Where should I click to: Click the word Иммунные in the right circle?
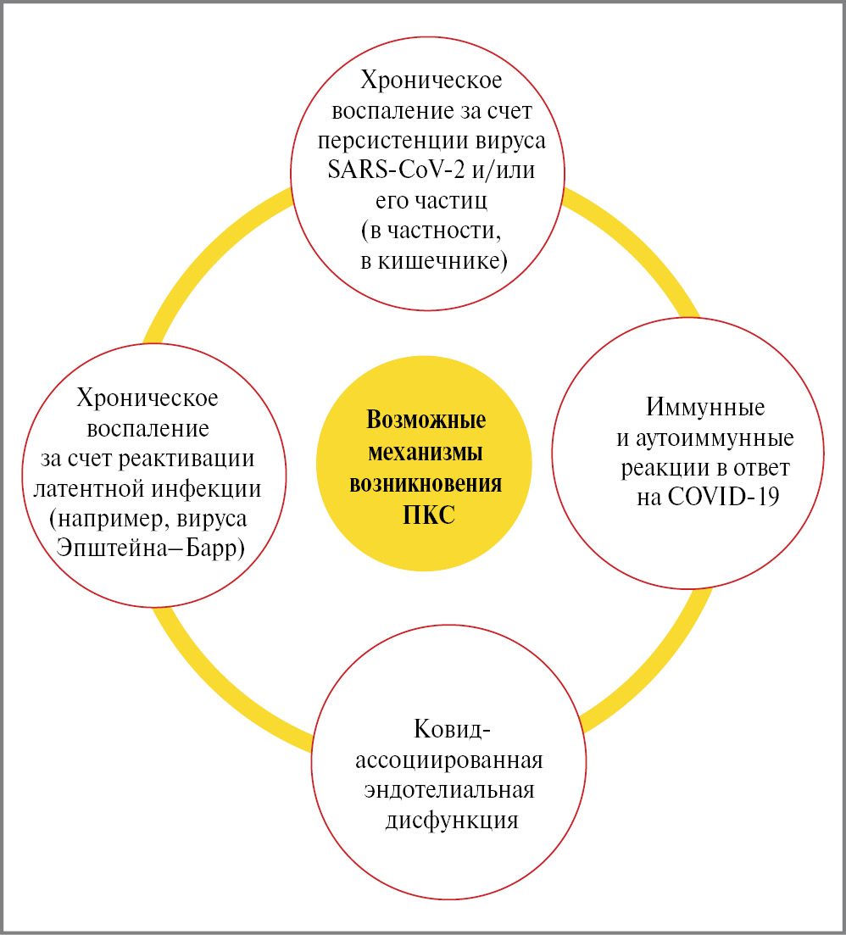tap(705, 408)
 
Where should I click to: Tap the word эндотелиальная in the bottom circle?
tap(450, 790)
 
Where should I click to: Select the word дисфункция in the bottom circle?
tap(452, 820)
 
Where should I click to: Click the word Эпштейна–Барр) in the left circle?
tap(150, 548)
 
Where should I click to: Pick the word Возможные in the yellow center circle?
tap(425, 421)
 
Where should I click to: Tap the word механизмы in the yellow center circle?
tap(425, 453)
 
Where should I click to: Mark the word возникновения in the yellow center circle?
tap(425, 484)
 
